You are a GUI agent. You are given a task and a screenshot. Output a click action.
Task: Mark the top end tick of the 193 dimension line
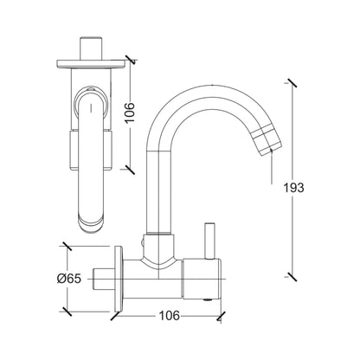(288, 83)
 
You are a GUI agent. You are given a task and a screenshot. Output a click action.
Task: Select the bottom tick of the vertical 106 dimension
(129, 167)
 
